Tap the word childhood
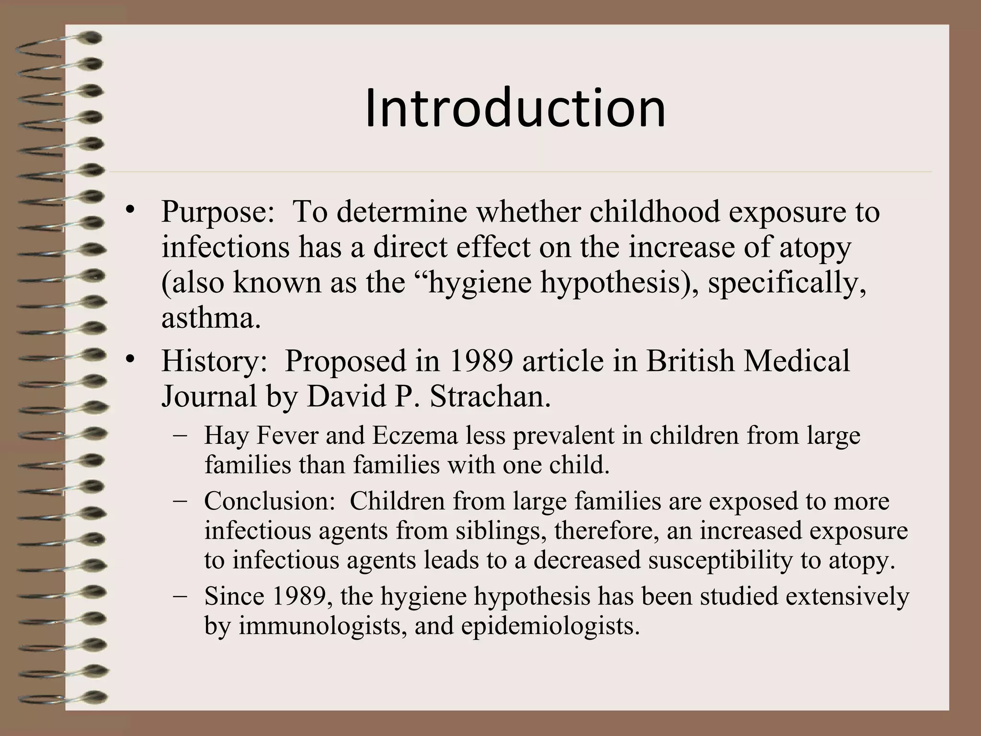pos(654,211)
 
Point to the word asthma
pos(211,318)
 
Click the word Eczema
pos(415,436)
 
